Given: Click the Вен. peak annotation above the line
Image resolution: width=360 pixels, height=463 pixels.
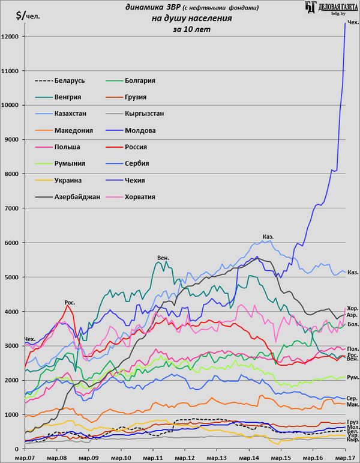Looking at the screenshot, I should click(x=163, y=258).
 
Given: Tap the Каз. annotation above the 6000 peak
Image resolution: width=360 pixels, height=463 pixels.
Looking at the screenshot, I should click(x=268, y=237).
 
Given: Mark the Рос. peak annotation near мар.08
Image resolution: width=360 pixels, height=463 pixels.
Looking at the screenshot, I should click(x=70, y=302).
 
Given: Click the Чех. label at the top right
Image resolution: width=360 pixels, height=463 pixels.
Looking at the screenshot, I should click(x=353, y=22).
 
